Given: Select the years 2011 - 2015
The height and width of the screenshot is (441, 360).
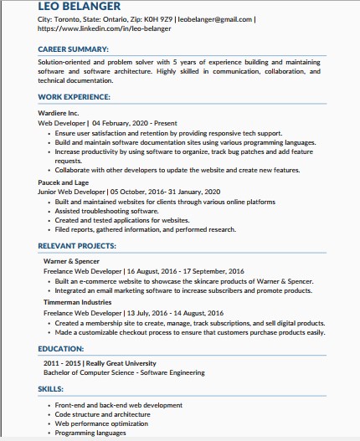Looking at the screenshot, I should tap(64, 362).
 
